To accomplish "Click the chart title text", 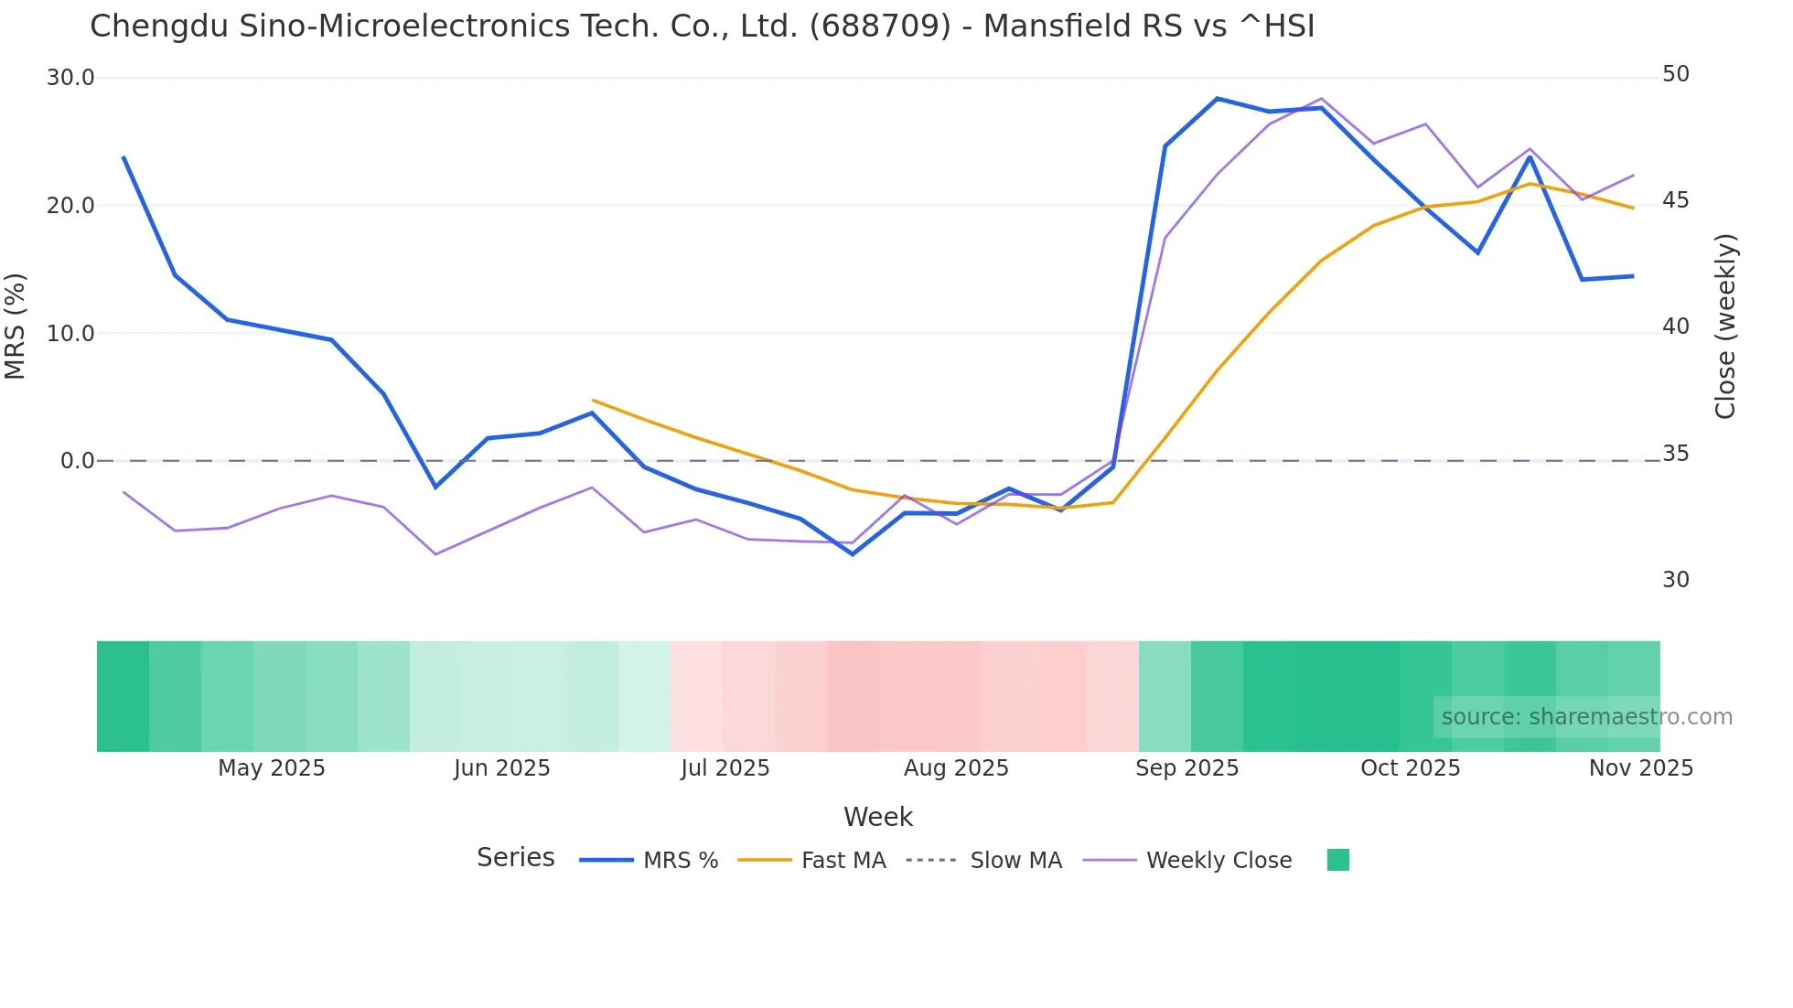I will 702,27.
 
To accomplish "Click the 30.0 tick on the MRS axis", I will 70,78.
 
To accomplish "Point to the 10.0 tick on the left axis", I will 70,334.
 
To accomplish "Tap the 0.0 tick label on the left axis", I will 77,461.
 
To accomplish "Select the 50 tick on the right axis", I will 1675,74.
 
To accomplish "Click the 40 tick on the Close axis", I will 1675,327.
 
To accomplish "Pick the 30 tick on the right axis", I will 1675,580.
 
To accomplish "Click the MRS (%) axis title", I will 16,327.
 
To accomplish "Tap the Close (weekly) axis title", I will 1725,327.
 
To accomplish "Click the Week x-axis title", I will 877,817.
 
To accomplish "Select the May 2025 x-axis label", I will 271,768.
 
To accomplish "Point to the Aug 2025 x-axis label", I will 956,768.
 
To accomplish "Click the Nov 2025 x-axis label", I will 1640,768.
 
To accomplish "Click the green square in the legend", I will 1337,860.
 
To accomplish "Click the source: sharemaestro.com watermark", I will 1586,717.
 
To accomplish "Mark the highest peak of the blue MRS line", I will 1217,98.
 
